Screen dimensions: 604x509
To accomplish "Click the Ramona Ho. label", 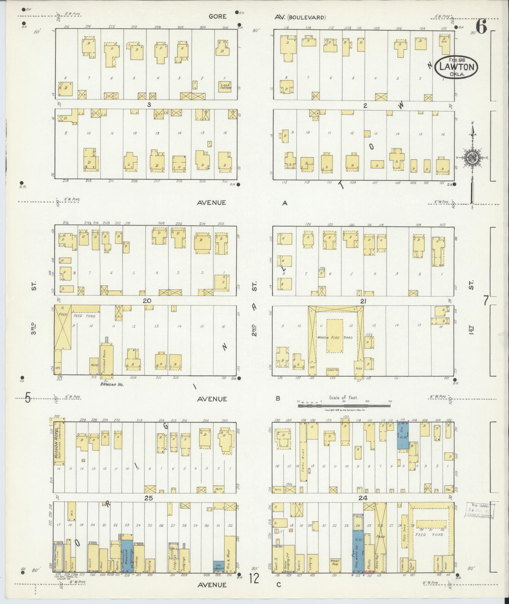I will [x=109, y=384].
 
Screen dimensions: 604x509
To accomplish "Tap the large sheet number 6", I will [x=482, y=27].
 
